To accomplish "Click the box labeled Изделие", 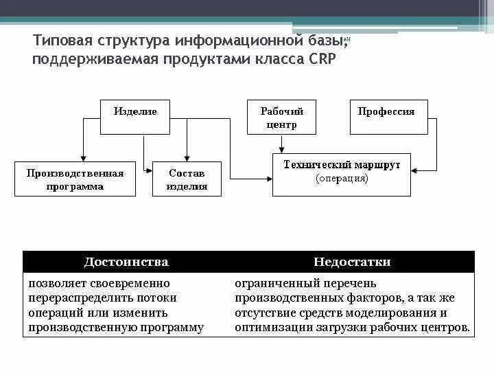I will pos(134,116).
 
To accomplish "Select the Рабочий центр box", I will pos(281,117).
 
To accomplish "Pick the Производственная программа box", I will pos(75,179).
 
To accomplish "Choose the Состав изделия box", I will pos(187,179).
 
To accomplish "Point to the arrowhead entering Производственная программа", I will pos(82,158).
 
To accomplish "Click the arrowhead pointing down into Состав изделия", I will pos(187,158).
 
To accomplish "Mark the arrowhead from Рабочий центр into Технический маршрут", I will pos(281,150).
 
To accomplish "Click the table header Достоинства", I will pos(126,262).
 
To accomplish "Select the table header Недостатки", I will pos(352,262).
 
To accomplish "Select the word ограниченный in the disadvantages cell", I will pos(273,283).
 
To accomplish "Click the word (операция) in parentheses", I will pos(342,179).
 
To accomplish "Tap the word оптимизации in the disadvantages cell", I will pos(270,328).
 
